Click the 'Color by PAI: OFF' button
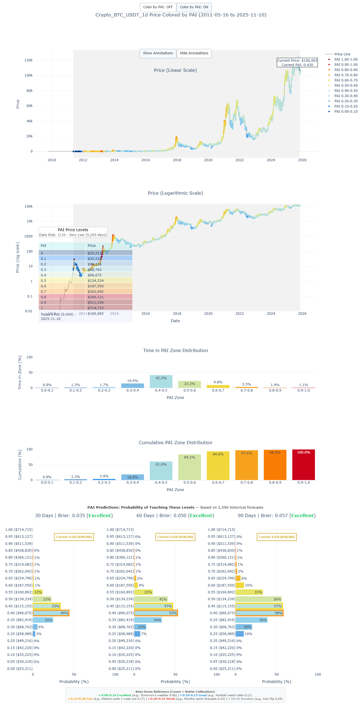coord(158,7)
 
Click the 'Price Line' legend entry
coord(342,54)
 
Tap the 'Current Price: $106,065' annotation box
coord(297,63)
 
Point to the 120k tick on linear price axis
coord(28,60)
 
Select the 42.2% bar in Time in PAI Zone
coord(161,381)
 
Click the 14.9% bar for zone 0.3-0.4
coord(132,386)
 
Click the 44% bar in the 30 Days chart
coord(51,613)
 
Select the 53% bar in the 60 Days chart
coord(156,613)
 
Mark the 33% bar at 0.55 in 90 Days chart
coord(249,592)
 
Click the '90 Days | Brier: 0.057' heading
coord(276,515)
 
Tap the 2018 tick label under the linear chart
coord(177,160)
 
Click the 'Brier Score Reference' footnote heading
coord(175,692)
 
